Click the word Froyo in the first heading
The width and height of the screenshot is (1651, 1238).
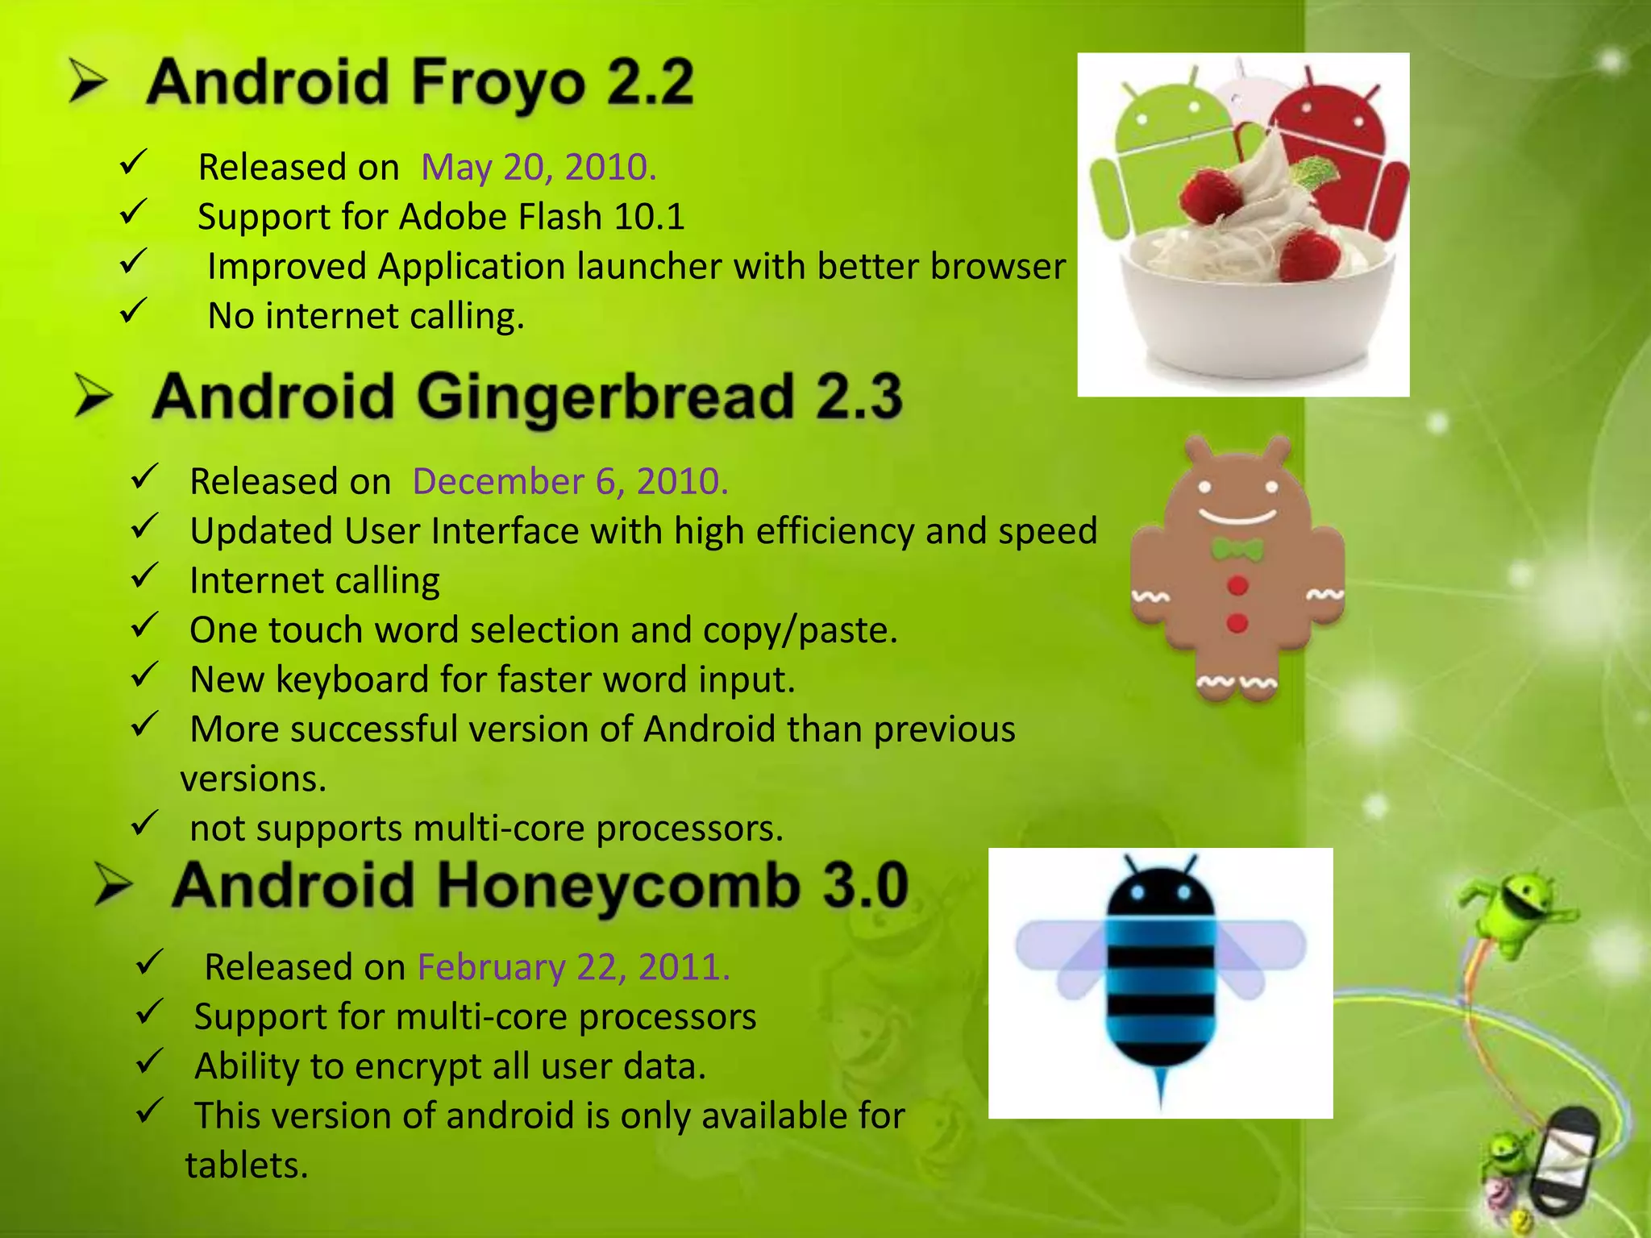point(497,84)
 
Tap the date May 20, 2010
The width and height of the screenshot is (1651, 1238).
point(539,168)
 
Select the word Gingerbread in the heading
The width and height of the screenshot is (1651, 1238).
point(605,397)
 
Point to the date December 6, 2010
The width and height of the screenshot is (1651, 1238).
point(570,481)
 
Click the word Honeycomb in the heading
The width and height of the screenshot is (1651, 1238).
point(618,886)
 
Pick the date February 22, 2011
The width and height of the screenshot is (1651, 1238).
point(573,967)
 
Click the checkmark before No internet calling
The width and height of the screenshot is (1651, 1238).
point(133,310)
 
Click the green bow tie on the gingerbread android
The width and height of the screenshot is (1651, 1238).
point(1237,550)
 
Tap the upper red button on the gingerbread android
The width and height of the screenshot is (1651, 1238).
point(1237,585)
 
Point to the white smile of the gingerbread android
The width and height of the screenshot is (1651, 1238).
point(1237,517)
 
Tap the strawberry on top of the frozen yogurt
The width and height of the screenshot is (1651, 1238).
point(1209,193)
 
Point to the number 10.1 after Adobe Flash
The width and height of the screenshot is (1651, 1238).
point(649,217)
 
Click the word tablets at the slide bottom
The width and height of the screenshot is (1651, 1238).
point(247,1165)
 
